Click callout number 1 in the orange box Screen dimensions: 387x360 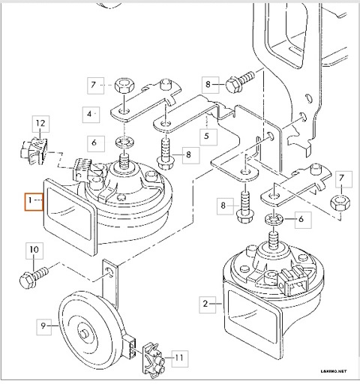30,201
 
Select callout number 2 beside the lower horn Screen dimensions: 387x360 204,304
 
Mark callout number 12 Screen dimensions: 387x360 40,121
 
